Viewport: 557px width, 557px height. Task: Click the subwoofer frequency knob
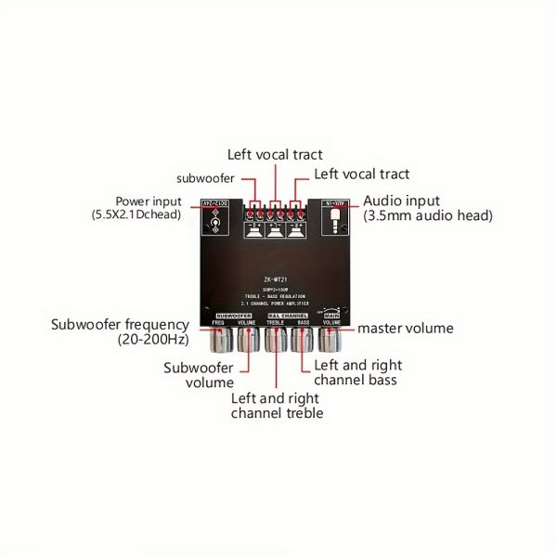click(x=220, y=342)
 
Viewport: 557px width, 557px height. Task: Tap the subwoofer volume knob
click(x=247, y=342)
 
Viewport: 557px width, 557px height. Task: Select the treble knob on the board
click(x=276, y=342)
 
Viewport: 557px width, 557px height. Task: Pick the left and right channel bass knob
click(x=303, y=342)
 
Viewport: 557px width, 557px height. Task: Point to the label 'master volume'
click(x=405, y=328)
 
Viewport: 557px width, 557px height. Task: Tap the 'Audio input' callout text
click(x=401, y=201)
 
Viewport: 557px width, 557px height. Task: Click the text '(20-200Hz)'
click(x=153, y=340)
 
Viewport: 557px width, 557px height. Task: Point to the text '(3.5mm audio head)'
click(x=427, y=215)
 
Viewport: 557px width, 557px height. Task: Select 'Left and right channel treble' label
click(x=277, y=405)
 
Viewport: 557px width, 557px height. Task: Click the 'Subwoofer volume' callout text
click(x=199, y=374)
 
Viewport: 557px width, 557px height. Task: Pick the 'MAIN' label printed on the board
click(x=331, y=317)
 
